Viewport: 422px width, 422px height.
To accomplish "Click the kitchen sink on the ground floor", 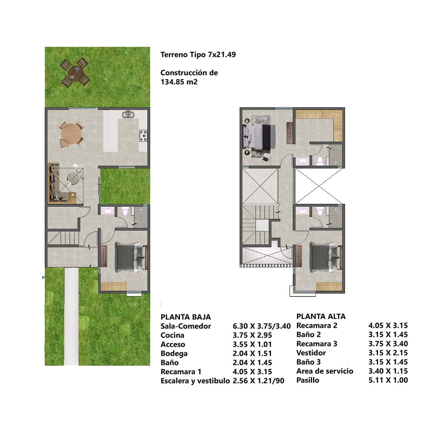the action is coord(128,115).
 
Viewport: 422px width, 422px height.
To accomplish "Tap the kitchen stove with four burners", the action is coord(143,136).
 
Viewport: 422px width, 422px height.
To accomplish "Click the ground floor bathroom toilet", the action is coord(125,211).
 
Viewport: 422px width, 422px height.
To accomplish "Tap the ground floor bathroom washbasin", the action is coord(108,211).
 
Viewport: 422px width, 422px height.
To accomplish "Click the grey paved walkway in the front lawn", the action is coord(71,316).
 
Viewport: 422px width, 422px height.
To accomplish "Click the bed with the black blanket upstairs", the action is coord(259,137).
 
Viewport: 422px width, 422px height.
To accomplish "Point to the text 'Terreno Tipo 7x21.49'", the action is coord(198,55).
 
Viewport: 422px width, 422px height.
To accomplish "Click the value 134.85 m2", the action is coord(179,82).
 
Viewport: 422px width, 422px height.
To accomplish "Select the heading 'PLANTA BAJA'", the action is coord(186,317).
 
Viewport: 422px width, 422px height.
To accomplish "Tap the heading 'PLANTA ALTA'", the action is coord(321,316).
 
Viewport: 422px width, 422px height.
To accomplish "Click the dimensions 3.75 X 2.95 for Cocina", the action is coord(252,335).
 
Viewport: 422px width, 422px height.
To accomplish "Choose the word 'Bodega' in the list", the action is coord(174,353).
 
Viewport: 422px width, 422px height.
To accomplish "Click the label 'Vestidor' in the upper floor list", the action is coord(311,353).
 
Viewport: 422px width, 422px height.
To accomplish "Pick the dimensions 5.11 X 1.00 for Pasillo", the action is coord(388,380).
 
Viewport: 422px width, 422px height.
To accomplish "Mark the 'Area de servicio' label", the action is coord(325,371).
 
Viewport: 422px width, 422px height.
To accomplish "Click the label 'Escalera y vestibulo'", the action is coord(195,381).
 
